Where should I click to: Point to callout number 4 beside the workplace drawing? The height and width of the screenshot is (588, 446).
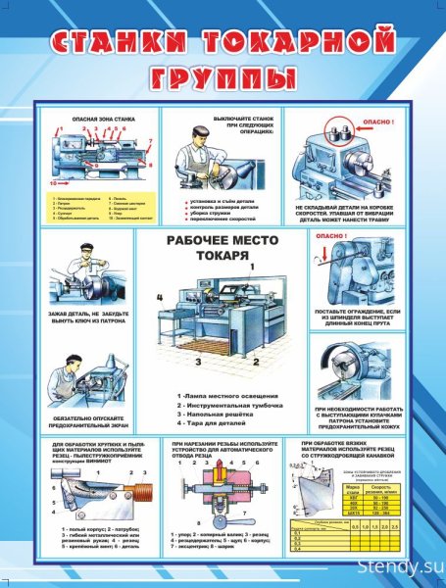(x=158, y=295)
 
